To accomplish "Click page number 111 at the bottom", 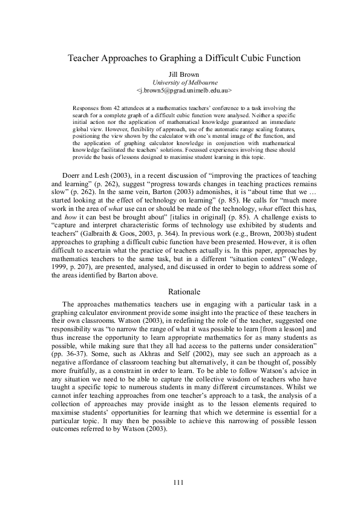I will (x=179, y=482).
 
